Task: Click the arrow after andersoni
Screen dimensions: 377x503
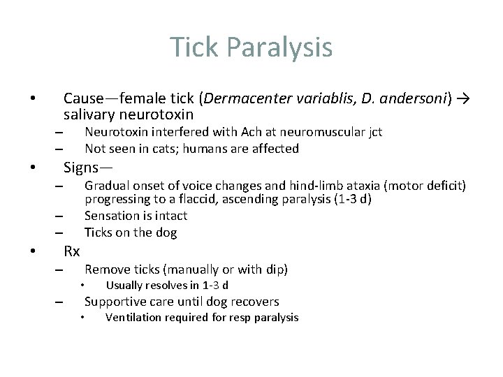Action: (462, 98)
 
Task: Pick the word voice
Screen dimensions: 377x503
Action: (196, 185)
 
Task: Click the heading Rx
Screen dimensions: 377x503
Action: (71, 251)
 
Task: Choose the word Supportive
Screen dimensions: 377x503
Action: (116, 302)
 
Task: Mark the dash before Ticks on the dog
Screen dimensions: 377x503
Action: (60, 233)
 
